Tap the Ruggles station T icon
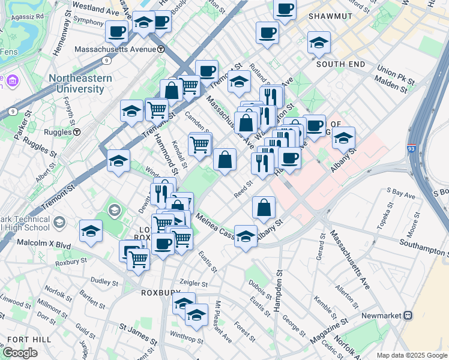point(77,132)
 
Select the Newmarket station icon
point(408,314)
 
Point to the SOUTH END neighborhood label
point(340,64)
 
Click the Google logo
point(20,352)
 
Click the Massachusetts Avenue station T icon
point(160,49)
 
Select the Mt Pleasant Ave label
point(222,329)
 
